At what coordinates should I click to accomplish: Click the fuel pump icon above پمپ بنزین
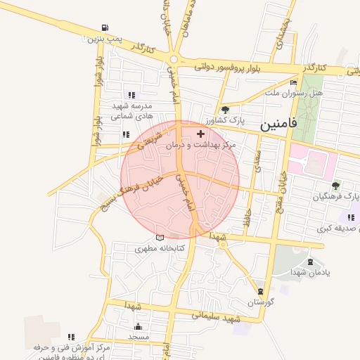(x=105, y=28)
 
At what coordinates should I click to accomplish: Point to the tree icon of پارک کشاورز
(x=225, y=110)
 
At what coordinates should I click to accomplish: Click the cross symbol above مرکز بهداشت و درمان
(x=201, y=134)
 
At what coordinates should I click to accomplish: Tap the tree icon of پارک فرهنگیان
(x=335, y=186)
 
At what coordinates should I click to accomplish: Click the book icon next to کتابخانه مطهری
(x=160, y=238)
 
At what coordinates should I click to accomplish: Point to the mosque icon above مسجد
(x=138, y=326)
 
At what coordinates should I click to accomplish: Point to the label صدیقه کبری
(x=334, y=229)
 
